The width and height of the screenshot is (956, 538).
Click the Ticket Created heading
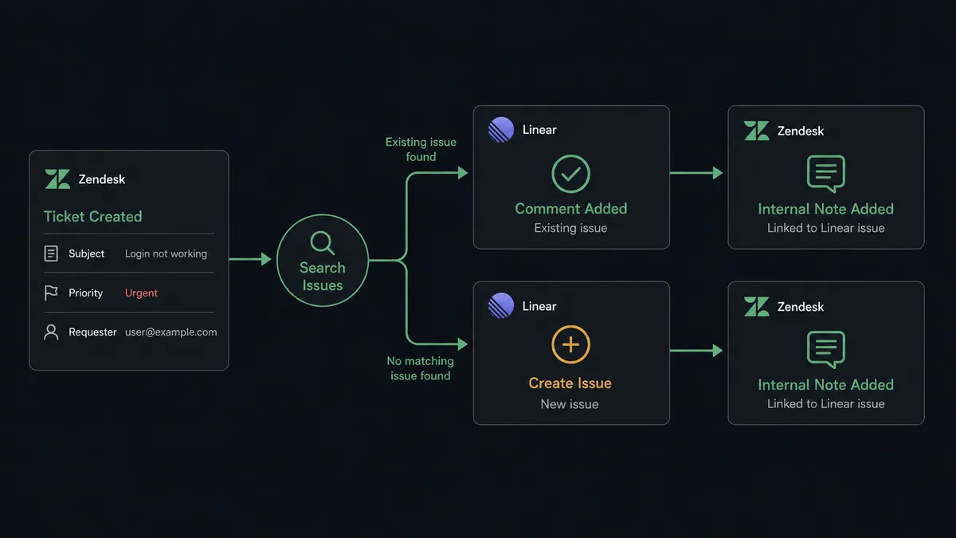[92, 217]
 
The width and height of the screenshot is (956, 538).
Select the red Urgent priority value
[141, 293]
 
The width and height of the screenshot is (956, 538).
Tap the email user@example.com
[170, 332]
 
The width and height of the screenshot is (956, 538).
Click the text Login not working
[166, 253]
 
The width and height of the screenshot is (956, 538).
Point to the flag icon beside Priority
[51, 293]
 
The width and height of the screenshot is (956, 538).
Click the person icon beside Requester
[51, 332]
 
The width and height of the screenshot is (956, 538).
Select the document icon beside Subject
[51, 253]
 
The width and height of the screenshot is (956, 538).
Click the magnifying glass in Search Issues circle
[322, 242]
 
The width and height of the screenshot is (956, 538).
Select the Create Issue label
[570, 383]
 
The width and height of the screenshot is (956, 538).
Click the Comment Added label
[571, 209]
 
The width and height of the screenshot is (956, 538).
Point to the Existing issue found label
[421, 150]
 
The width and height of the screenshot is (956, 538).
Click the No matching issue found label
[421, 368]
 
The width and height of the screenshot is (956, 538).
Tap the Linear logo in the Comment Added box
[501, 129]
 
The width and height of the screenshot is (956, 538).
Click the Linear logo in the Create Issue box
[501, 306]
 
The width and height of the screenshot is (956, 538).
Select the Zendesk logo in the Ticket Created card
[57, 179]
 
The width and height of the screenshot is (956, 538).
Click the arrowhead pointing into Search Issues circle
[266, 259]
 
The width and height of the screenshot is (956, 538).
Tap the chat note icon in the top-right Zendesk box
[826, 174]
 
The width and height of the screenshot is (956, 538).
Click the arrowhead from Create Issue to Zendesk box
[718, 351]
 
